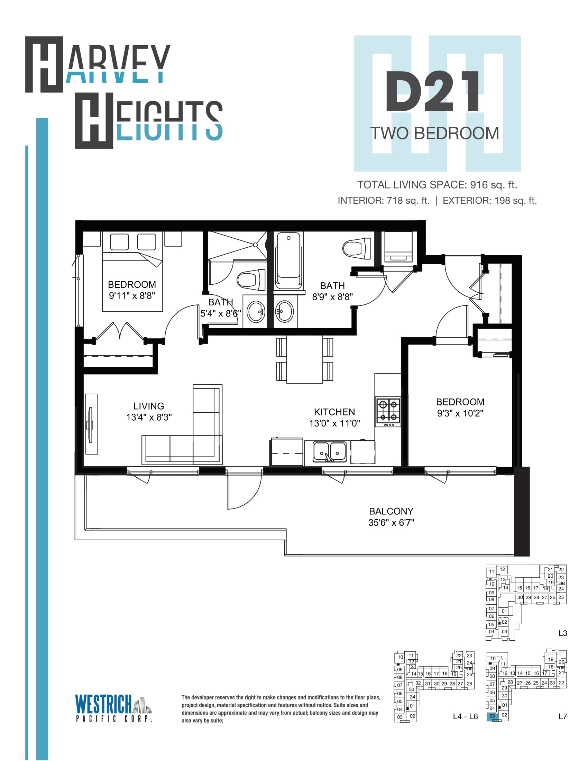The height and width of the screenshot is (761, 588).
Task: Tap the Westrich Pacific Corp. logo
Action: point(114,708)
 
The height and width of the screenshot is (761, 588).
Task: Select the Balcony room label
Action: point(391,511)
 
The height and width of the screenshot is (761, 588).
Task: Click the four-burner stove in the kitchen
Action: point(388,412)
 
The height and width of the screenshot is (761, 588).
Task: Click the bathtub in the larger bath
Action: point(288,260)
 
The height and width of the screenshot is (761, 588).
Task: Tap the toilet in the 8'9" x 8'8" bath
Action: point(357,248)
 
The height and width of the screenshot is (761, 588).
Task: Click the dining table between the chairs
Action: point(304,360)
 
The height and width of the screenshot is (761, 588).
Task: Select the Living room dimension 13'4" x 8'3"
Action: point(149,417)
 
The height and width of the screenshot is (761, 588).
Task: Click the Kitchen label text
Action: point(334,412)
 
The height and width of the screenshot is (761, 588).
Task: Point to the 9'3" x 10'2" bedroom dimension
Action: point(460,413)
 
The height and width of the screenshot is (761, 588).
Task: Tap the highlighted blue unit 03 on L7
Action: point(492,716)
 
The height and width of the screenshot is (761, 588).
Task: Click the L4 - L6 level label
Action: point(465,716)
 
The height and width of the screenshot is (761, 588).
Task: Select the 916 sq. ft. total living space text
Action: point(494,185)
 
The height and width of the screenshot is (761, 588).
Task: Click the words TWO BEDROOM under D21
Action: point(434,133)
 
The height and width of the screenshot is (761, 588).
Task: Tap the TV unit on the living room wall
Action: point(92,424)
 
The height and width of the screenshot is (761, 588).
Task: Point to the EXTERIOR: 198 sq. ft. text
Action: point(490,201)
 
